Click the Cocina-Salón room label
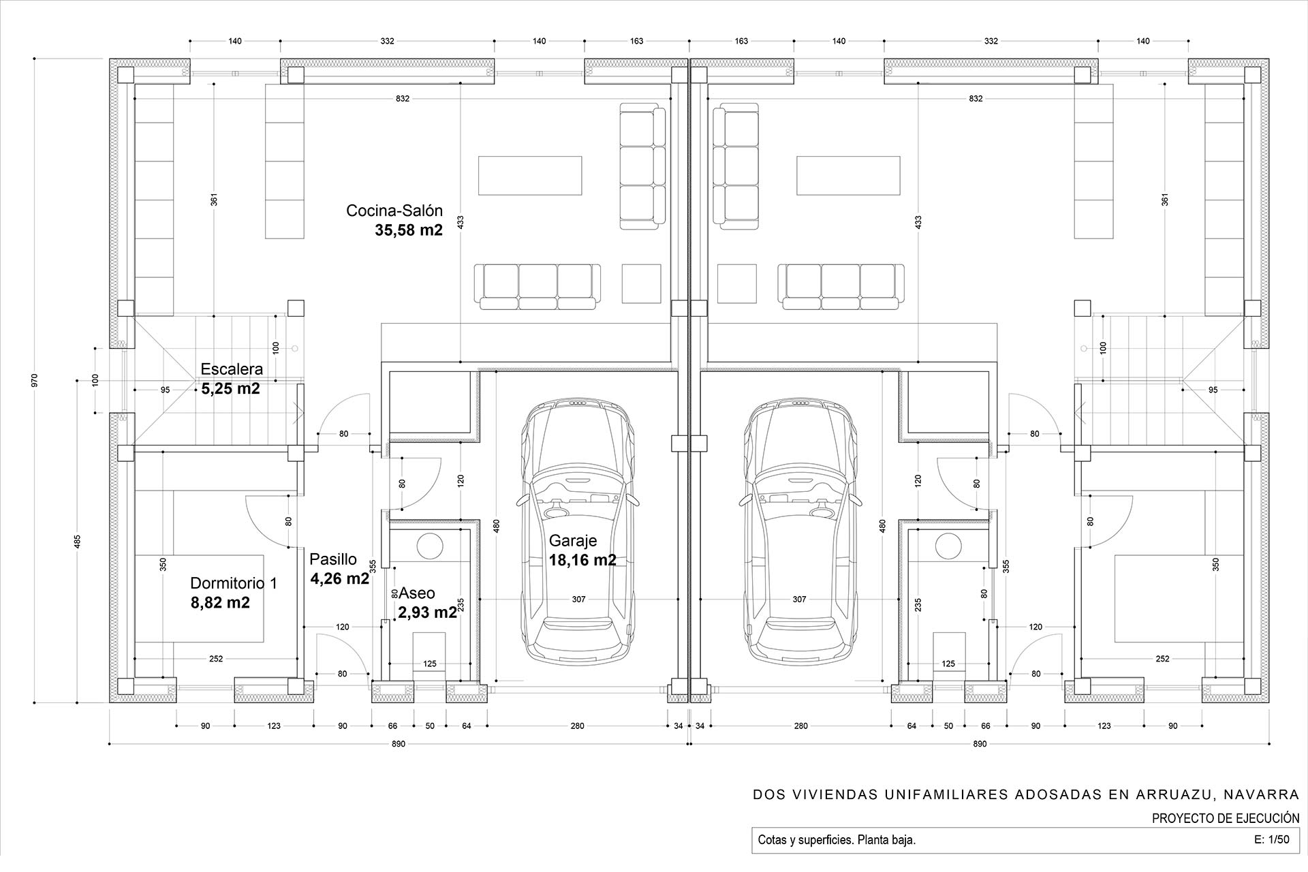(394, 211)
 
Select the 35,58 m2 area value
(409, 230)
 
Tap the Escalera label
(232, 369)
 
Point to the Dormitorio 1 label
(234, 583)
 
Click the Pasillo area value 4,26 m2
(340, 579)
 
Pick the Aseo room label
(417, 593)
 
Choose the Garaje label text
(573, 541)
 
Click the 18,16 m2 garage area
(582, 560)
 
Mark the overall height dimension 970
(35, 380)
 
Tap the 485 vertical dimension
(78, 542)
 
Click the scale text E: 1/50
(1271, 840)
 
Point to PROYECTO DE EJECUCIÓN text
(1226, 818)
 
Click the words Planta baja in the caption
(891, 840)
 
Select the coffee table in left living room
(530, 176)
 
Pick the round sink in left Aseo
(430, 546)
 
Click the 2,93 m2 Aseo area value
(428, 612)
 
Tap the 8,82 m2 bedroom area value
(220, 602)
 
